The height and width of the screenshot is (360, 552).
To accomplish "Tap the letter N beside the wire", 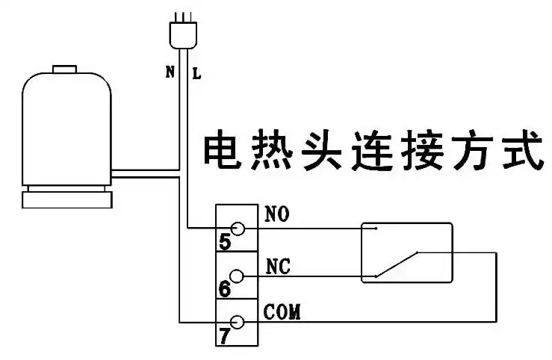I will tap(170, 72).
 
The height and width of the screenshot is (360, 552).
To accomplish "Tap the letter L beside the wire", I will tap(196, 72).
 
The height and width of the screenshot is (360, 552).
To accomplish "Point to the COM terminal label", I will tap(282, 311).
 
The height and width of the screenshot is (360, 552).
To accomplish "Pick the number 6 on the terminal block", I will tap(225, 288).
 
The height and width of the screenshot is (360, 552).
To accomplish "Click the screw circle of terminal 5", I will tap(238, 228).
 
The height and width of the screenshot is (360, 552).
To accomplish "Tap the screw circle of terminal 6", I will tap(238, 276).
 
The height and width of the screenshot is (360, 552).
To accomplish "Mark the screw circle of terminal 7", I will tap(238, 322).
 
